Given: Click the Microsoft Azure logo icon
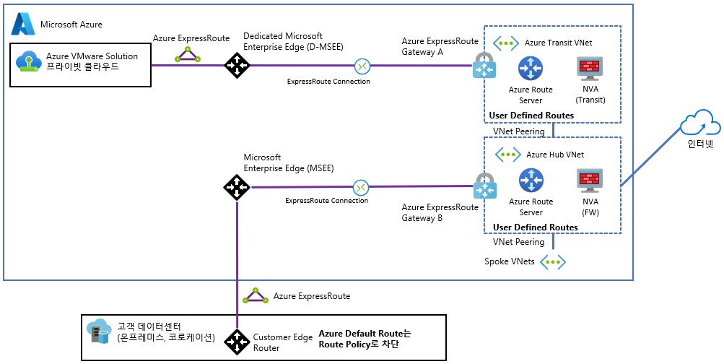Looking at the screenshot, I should point(24,25).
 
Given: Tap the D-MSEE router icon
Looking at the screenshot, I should point(235,66).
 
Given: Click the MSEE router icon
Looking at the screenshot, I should point(236,188).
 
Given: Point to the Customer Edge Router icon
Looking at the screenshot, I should point(236,342).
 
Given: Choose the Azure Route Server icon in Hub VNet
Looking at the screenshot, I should point(531,181).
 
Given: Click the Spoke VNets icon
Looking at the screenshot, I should point(554,261).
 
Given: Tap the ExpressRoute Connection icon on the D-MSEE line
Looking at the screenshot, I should point(362,66).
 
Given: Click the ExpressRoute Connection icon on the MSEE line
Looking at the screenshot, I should point(361,188).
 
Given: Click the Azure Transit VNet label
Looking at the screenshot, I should point(559,43).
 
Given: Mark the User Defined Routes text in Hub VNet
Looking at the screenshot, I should point(535,227).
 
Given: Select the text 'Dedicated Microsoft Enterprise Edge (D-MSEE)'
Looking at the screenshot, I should point(293,41).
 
